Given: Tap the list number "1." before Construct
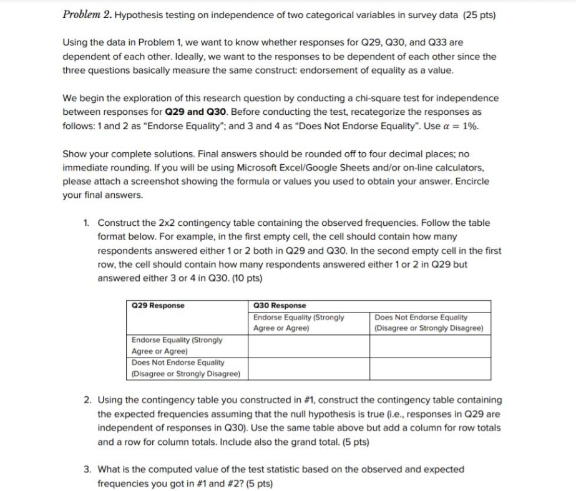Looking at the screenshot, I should coord(88,223).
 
